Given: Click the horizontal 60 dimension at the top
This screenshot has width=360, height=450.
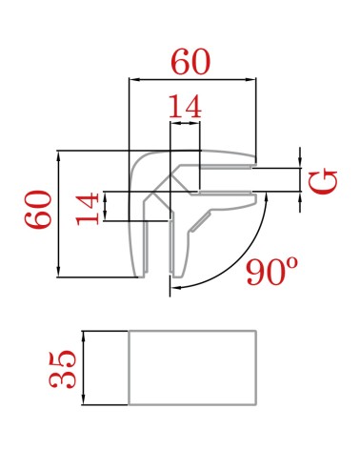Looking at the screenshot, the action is coord(190,62).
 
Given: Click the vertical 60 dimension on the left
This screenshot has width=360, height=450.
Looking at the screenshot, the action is coord(39,210).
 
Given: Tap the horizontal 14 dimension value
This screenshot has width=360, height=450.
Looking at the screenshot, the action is coord(185,107).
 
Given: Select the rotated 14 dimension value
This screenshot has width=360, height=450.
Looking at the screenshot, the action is coord(88,209).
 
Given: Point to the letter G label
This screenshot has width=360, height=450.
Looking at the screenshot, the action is coord(323,182).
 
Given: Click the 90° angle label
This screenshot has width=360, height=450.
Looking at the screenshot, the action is coord(272,271).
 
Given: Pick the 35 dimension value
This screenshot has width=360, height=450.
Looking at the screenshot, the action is coord(63,369).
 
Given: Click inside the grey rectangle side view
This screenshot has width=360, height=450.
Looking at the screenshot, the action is coord(192,368).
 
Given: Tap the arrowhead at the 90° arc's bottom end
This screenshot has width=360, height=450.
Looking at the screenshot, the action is coord(176,287).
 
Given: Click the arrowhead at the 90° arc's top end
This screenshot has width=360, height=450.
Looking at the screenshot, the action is coord(266,197).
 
